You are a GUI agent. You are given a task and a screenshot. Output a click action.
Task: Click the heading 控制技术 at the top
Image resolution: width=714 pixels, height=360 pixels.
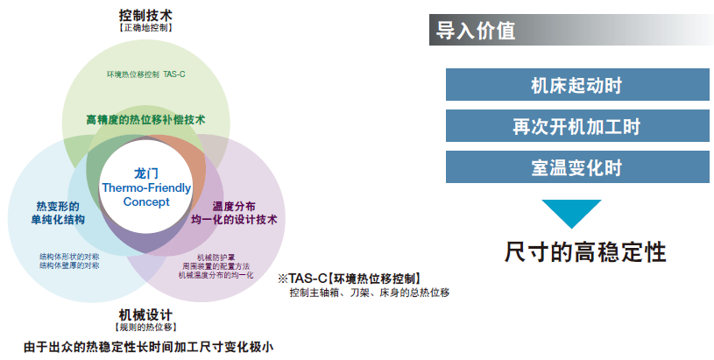145,15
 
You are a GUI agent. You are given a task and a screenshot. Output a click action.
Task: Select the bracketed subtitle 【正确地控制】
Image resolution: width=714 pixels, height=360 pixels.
145,28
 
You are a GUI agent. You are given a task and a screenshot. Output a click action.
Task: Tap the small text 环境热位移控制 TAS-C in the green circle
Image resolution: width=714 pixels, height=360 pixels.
145,74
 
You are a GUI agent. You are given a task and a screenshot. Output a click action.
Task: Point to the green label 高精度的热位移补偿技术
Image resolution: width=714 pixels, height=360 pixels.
145,120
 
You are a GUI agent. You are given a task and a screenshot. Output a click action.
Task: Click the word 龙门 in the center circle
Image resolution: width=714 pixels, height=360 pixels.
146,173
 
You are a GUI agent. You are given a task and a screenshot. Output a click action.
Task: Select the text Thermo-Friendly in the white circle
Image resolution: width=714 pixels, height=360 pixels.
146,188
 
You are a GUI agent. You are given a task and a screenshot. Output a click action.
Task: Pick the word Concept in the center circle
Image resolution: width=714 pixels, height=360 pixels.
146,202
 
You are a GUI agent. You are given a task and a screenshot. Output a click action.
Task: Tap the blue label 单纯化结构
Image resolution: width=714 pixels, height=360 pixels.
58,220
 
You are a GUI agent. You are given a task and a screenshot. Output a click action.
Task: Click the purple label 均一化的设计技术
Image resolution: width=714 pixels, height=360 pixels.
234,220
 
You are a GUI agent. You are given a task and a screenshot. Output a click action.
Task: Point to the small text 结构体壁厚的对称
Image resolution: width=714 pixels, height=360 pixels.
69,265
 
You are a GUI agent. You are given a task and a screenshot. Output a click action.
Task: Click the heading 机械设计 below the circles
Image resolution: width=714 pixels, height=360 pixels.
145,315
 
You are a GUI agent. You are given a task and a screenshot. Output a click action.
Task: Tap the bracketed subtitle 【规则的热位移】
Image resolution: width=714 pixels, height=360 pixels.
145,328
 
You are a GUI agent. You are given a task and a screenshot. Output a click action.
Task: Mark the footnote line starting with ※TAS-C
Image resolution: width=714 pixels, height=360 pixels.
350,279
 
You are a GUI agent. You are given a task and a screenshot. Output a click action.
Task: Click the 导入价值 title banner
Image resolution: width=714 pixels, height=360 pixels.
571,30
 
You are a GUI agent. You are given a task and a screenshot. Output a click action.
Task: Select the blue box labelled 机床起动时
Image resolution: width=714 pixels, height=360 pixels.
577,85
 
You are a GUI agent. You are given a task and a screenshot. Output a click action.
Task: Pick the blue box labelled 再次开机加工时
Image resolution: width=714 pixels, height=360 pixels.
577,125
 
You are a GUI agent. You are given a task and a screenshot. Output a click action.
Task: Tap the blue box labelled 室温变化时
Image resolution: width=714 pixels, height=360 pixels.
577,167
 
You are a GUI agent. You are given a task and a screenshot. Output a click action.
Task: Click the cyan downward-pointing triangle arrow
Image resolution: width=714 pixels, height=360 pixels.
571,212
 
